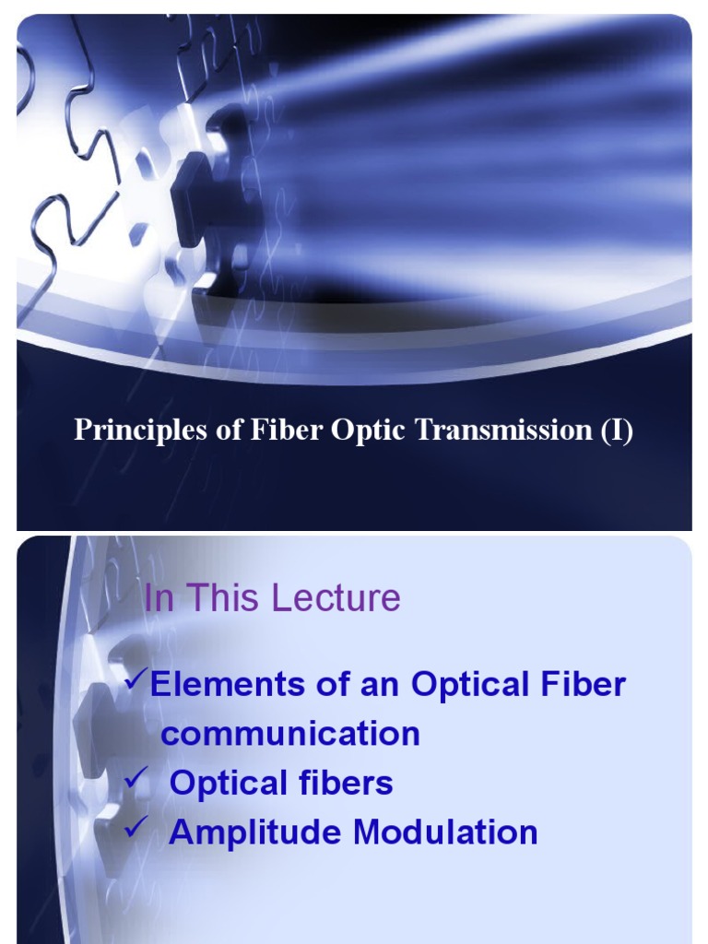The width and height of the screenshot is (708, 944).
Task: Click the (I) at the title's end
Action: [x=618, y=431]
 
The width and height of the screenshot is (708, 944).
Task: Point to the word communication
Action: [x=290, y=734]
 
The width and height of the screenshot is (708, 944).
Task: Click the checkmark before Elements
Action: [x=136, y=680]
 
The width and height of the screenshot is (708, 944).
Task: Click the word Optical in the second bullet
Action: [x=230, y=784]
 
